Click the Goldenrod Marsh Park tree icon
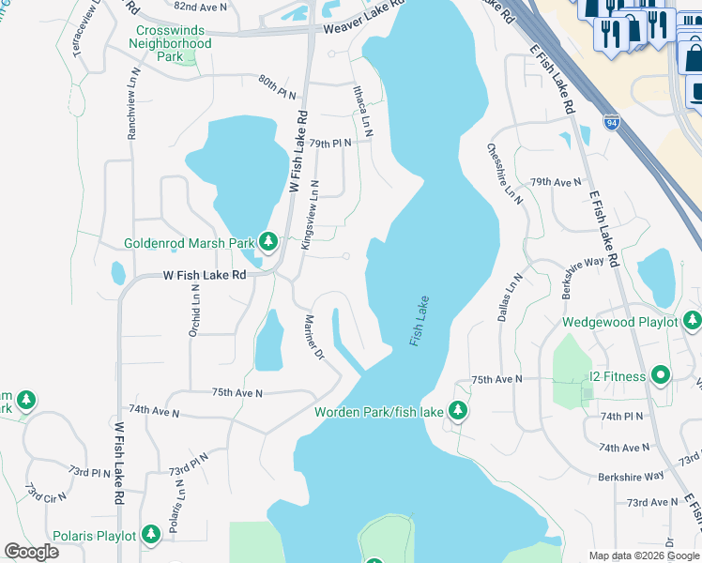point(268,243)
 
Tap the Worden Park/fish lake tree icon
point(458,410)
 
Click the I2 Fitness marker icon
point(661,376)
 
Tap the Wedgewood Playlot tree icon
point(693,322)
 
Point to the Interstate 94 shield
point(612,123)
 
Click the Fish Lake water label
point(419,322)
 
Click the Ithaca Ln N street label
point(362,112)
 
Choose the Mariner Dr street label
point(313,342)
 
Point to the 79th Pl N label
point(329,144)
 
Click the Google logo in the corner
point(32,552)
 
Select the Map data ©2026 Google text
point(643,555)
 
